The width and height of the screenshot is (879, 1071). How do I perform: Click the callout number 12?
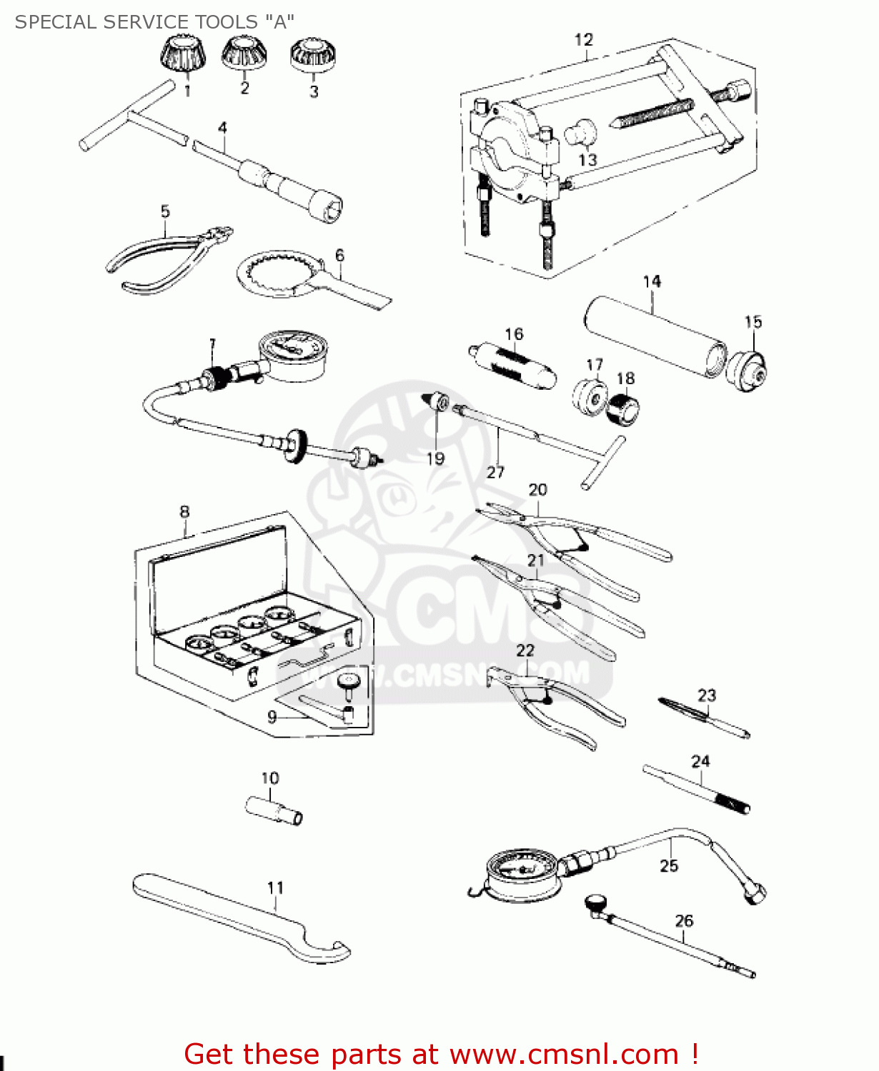coord(584,40)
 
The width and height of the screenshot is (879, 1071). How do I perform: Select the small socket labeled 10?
coord(274,810)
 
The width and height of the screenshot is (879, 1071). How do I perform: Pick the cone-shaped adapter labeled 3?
coord(313,55)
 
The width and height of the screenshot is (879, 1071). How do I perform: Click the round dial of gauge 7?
coord(289,350)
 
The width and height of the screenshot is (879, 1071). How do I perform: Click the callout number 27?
coord(495,472)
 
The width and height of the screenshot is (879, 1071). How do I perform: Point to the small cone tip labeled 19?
coord(437,402)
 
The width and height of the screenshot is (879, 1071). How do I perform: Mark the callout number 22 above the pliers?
coord(525,650)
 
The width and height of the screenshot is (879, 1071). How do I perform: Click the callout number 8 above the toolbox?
coord(185,512)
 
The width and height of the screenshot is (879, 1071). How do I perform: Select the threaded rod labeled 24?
coord(697,789)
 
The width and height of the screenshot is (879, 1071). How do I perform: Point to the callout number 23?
coord(707,695)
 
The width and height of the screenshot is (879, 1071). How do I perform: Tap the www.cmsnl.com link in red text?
coord(564,1054)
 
